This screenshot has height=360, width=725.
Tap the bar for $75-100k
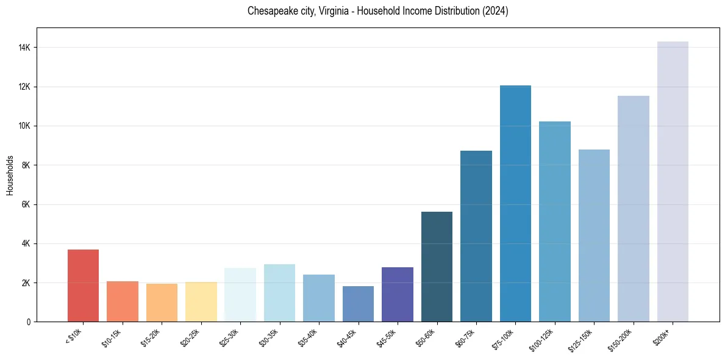point(515,204)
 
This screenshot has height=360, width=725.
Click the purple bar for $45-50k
point(398,294)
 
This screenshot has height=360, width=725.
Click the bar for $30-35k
point(279,293)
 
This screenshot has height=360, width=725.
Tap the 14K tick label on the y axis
point(25,48)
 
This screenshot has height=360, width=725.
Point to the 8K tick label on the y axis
point(27,165)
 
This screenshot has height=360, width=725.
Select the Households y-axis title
point(10,175)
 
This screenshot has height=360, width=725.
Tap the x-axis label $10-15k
point(111,337)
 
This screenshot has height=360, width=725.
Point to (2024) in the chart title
point(497,11)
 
